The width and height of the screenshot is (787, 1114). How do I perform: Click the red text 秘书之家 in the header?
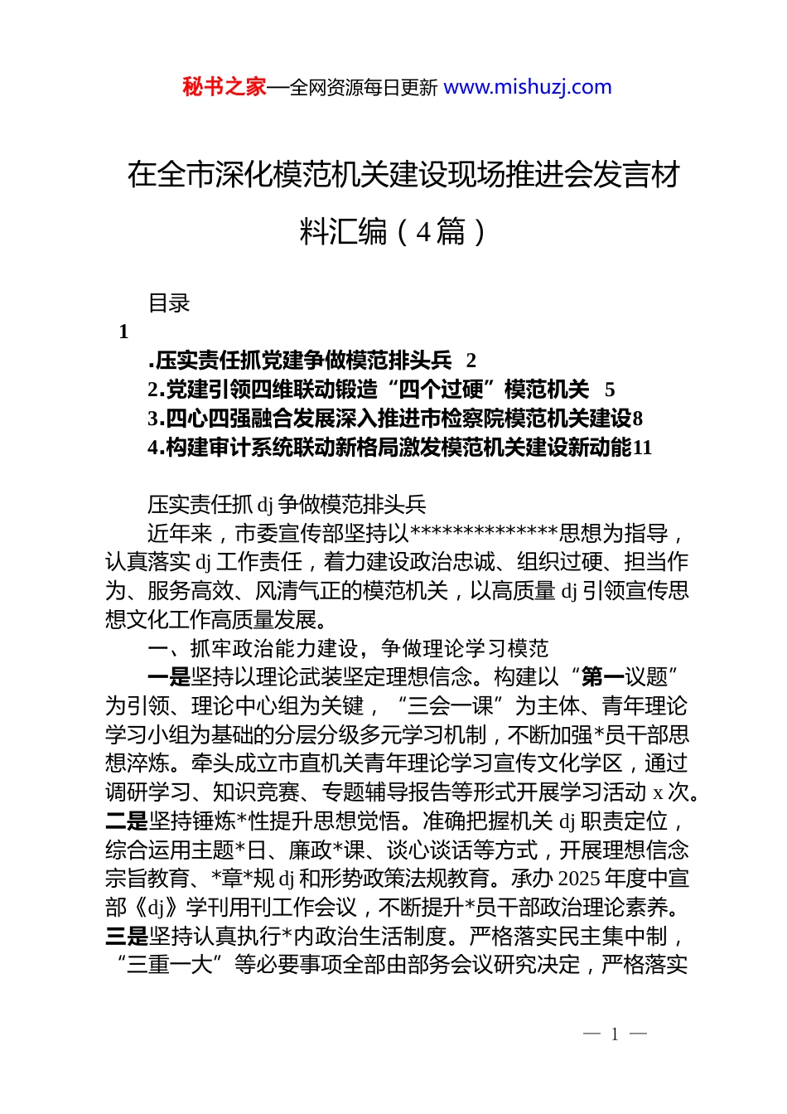(x=225, y=87)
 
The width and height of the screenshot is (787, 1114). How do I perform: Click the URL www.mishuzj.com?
(x=528, y=87)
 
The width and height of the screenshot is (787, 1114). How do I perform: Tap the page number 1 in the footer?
(x=615, y=1034)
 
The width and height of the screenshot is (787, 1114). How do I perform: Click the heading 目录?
(x=169, y=303)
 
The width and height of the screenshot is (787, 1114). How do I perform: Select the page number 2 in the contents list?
(x=471, y=361)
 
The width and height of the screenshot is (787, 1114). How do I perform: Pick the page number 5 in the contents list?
(x=610, y=390)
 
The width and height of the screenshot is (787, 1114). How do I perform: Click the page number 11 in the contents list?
(x=642, y=448)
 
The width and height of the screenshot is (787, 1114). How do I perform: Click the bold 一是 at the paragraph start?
(x=169, y=677)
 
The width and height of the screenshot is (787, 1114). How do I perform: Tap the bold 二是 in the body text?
(x=127, y=821)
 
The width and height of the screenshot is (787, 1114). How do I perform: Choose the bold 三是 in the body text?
(x=127, y=937)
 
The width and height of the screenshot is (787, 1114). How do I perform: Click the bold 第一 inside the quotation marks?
(x=603, y=677)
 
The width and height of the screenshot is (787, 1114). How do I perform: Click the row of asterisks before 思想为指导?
(x=484, y=534)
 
